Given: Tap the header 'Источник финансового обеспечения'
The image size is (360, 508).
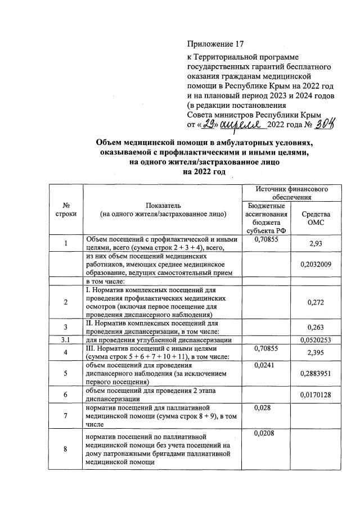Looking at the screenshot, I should tap(292, 193).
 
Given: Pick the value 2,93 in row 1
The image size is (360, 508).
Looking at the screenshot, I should tap(316, 243).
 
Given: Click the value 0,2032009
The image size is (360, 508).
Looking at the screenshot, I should tap(316, 264).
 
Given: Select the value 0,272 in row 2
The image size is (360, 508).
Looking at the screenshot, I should tap(316, 302).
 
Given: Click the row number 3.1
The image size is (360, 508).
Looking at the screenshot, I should tap(66, 339).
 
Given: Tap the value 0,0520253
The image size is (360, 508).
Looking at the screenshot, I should tap(316, 339).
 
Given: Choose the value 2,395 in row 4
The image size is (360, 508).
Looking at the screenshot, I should tap(316, 352).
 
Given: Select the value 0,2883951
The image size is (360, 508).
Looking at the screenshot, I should tap(316, 373).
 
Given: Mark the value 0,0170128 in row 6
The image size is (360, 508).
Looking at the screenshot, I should tap(316, 395).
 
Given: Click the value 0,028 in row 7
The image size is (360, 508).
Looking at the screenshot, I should tap(262, 407).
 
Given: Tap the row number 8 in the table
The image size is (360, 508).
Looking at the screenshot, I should tap(66, 449).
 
